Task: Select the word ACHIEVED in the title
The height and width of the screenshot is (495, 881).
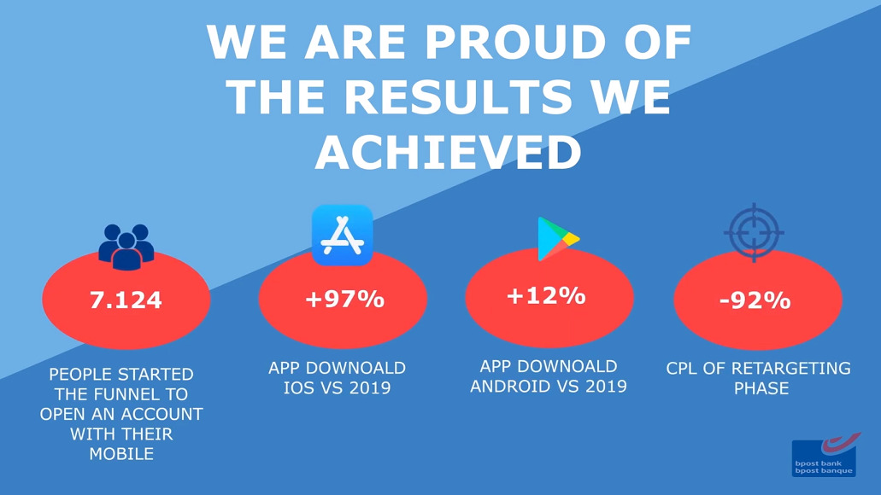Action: (449, 152)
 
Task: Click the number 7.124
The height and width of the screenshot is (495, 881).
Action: (126, 300)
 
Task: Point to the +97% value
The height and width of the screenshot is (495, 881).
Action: (344, 299)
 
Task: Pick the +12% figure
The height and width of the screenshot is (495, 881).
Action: (546, 296)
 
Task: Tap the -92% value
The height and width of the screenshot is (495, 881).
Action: (755, 300)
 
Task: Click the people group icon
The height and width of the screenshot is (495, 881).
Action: (126, 247)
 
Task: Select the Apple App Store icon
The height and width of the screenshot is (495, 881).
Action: (343, 236)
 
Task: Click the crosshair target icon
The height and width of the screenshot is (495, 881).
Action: (754, 232)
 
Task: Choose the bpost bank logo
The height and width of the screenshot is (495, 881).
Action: (825, 455)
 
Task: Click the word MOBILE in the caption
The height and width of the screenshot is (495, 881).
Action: (121, 453)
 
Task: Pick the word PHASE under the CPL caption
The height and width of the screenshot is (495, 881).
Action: (761, 387)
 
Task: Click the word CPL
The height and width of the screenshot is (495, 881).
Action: (682, 368)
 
